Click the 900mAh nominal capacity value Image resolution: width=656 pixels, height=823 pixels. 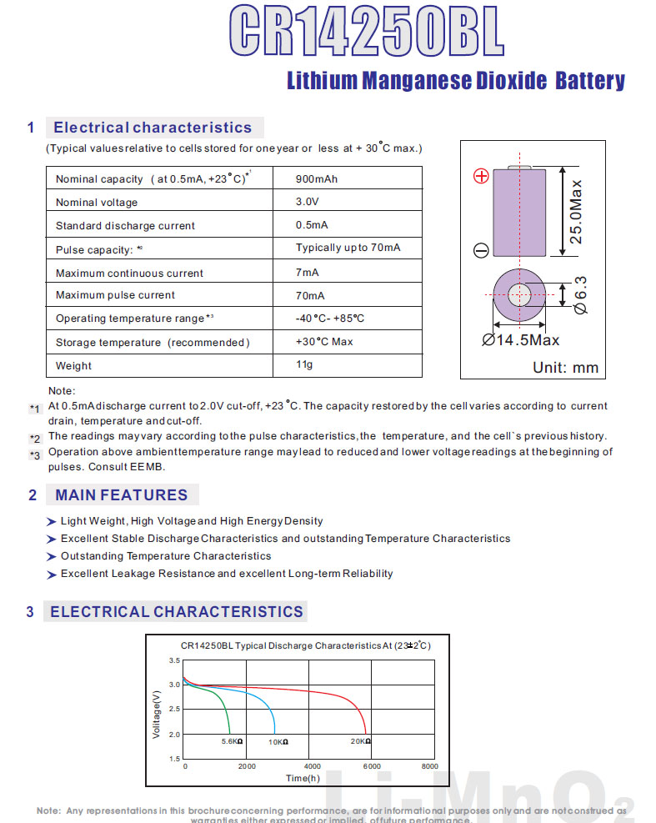click(317, 179)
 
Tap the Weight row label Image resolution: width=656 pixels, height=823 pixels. click(73, 366)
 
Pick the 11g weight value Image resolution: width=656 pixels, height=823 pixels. click(305, 364)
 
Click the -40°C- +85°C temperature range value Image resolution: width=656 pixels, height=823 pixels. click(330, 319)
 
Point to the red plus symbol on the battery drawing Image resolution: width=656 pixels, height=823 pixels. click(481, 176)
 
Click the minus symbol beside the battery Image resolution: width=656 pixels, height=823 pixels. click(481, 249)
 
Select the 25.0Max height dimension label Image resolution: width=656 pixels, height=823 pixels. click(575, 211)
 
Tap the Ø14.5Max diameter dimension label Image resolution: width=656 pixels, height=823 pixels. click(521, 340)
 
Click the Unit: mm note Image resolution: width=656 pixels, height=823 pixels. click(566, 368)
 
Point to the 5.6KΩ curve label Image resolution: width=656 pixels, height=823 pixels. click(232, 741)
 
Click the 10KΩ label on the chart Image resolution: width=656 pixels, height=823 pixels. click(278, 741)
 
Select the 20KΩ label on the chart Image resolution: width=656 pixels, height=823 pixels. click(360, 741)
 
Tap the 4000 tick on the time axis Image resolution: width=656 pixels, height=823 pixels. click(312, 766)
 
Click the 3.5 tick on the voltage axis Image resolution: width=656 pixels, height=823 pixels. click(174, 660)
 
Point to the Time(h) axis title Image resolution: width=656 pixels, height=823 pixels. click(303, 778)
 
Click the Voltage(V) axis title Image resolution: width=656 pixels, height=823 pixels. click(157, 712)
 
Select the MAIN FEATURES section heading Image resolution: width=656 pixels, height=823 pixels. click(122, 495)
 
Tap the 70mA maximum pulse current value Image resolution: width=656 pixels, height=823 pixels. click(310, 296)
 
